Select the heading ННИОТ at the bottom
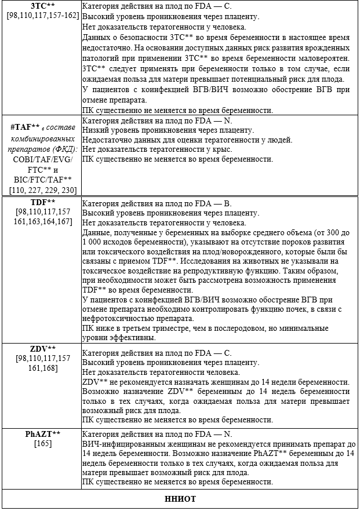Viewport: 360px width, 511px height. click(180, 499)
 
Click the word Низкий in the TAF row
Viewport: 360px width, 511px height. click(94, 130)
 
